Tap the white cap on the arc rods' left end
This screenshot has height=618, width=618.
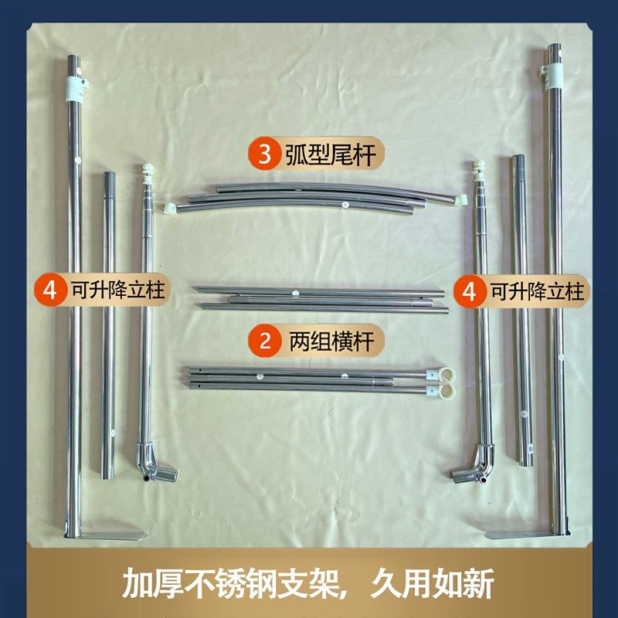click(169, 207)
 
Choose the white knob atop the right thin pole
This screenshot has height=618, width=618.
click(479, 167)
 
